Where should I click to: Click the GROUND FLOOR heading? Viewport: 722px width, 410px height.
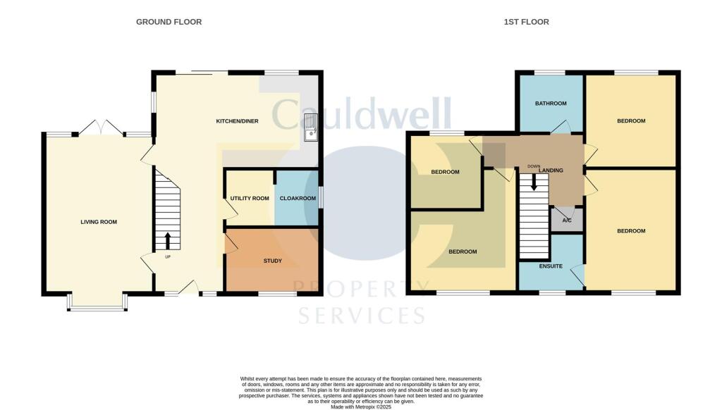(169, 22)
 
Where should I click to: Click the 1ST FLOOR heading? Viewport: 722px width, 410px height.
(526, 22)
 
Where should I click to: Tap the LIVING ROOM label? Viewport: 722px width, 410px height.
(98, 222)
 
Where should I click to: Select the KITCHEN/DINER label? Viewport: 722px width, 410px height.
(237, 121)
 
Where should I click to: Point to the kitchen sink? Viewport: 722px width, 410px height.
(310, 128)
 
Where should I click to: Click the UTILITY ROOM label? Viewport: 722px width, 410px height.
(250, 199)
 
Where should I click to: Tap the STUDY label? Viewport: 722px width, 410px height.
(273, 261)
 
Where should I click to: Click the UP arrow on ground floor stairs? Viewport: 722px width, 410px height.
(168, 241)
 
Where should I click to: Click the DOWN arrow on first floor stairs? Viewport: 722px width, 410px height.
(534, 181)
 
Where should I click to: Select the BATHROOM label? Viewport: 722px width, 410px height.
(551, 104)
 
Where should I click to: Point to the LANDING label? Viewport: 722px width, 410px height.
(551, 170)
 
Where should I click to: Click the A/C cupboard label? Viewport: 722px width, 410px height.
(567, 220)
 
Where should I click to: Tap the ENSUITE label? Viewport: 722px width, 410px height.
(551, 266)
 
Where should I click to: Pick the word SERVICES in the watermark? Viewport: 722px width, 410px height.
(362, 313)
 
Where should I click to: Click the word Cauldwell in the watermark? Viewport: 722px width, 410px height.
(362, 115)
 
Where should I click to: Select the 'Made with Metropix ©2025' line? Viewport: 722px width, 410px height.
(361, 406)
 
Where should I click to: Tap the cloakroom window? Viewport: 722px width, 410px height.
(322, 197)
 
